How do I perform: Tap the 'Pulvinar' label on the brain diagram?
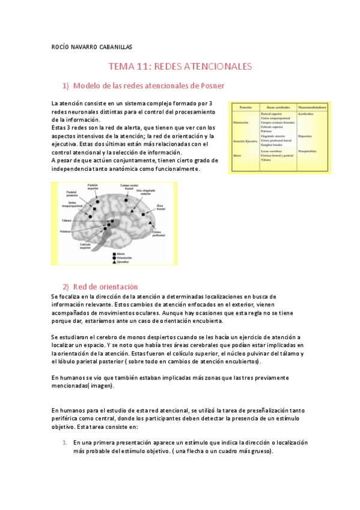click(66, 232)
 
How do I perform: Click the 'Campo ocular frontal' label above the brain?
click(127, 186)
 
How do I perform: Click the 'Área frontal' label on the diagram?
click(159, 207)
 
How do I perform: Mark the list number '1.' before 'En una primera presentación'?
click(66, 442)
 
